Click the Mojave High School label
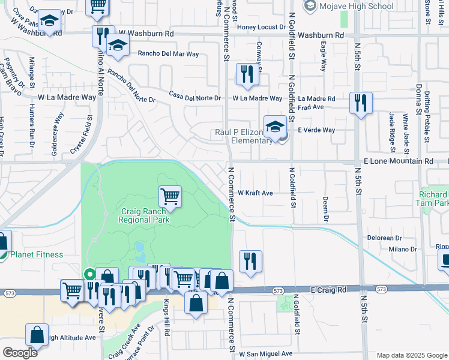357,7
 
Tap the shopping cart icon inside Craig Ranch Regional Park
170,196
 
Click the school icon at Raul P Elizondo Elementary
275,127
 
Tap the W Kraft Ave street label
255,193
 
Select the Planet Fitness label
36,254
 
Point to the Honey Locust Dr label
261,27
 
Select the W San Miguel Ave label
262,353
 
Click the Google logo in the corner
20,353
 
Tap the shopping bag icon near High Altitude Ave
37,335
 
